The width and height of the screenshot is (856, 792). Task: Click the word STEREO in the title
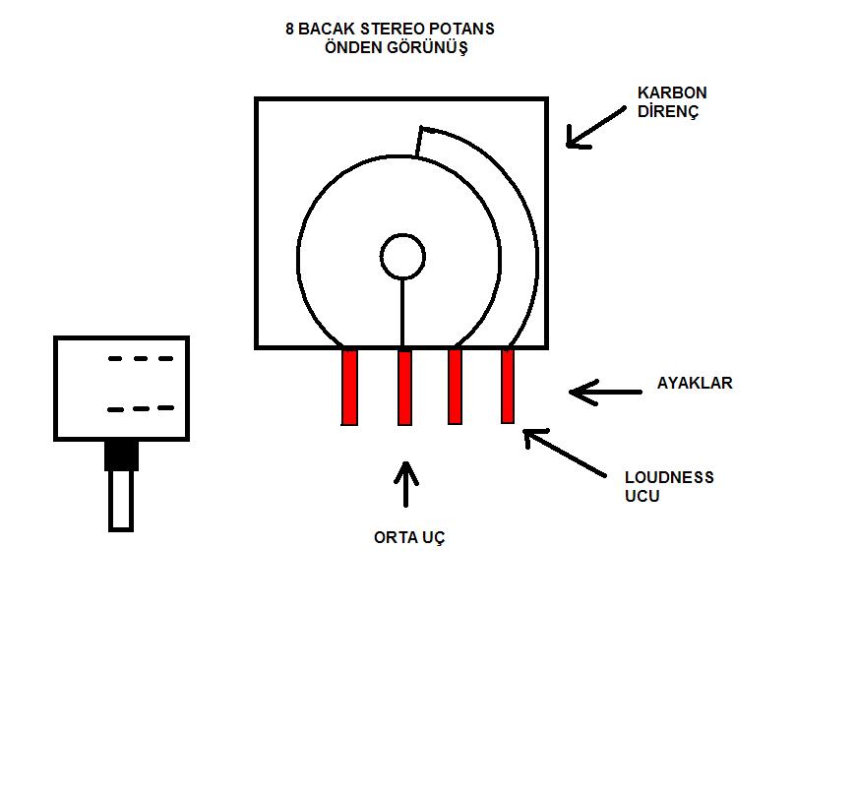point(399,29)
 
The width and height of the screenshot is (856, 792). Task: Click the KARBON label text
point(672,92)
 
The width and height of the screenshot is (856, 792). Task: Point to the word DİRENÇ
point(668,111)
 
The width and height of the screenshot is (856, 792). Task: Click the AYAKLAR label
point(695,383)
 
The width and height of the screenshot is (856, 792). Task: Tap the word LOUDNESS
point(669,477)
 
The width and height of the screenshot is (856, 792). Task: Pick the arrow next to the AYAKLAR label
point(604,392)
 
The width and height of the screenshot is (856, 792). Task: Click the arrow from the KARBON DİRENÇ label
point(596,128)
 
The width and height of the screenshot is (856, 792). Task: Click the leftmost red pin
point(349,387)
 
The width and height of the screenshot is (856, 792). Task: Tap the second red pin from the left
point(404,387)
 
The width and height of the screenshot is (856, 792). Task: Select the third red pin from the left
point(455,386)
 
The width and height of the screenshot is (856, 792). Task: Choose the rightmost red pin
point(508,386)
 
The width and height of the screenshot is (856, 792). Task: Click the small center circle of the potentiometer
point(402,257)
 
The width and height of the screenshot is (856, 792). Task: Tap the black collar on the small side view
point(122,455)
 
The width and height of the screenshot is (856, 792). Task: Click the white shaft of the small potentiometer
point(121,500)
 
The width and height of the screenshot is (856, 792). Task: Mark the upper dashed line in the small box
point(141,359)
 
